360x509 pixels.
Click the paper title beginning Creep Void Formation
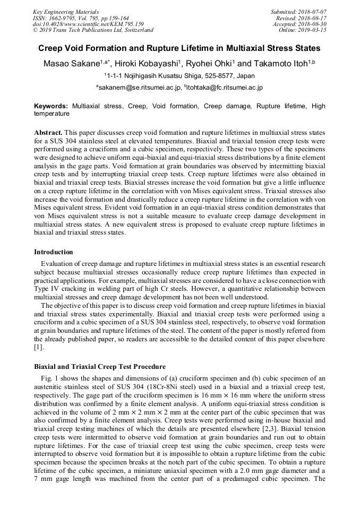point(179,48)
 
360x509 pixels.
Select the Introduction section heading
point(54,252)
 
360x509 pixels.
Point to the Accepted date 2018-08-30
point(312,24)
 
